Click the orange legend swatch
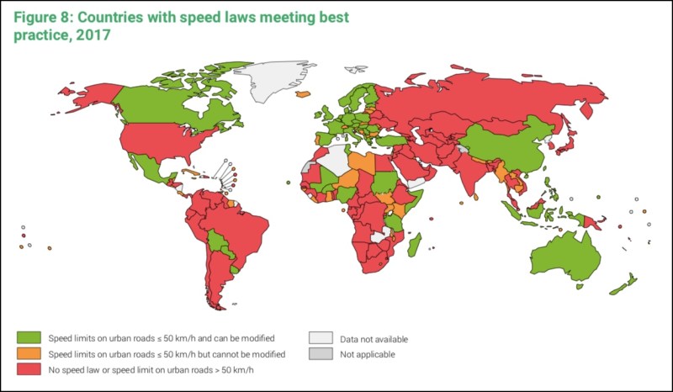(27, 353)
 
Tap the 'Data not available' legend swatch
(321, 339)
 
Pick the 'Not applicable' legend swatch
(321, 354)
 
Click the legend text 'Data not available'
(374, 339)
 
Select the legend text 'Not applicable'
(367, 354)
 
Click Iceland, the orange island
(302, 94)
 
